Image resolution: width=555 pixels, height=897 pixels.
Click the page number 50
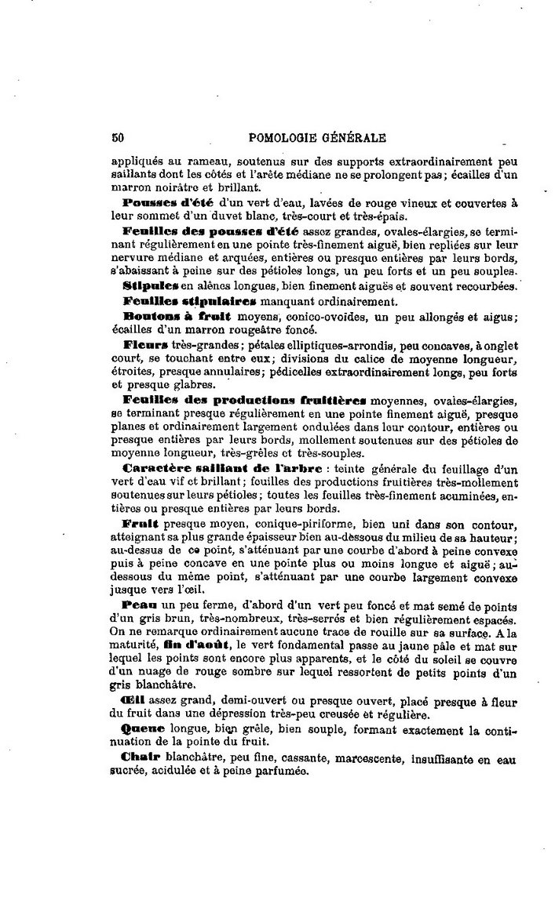point(119,139)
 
